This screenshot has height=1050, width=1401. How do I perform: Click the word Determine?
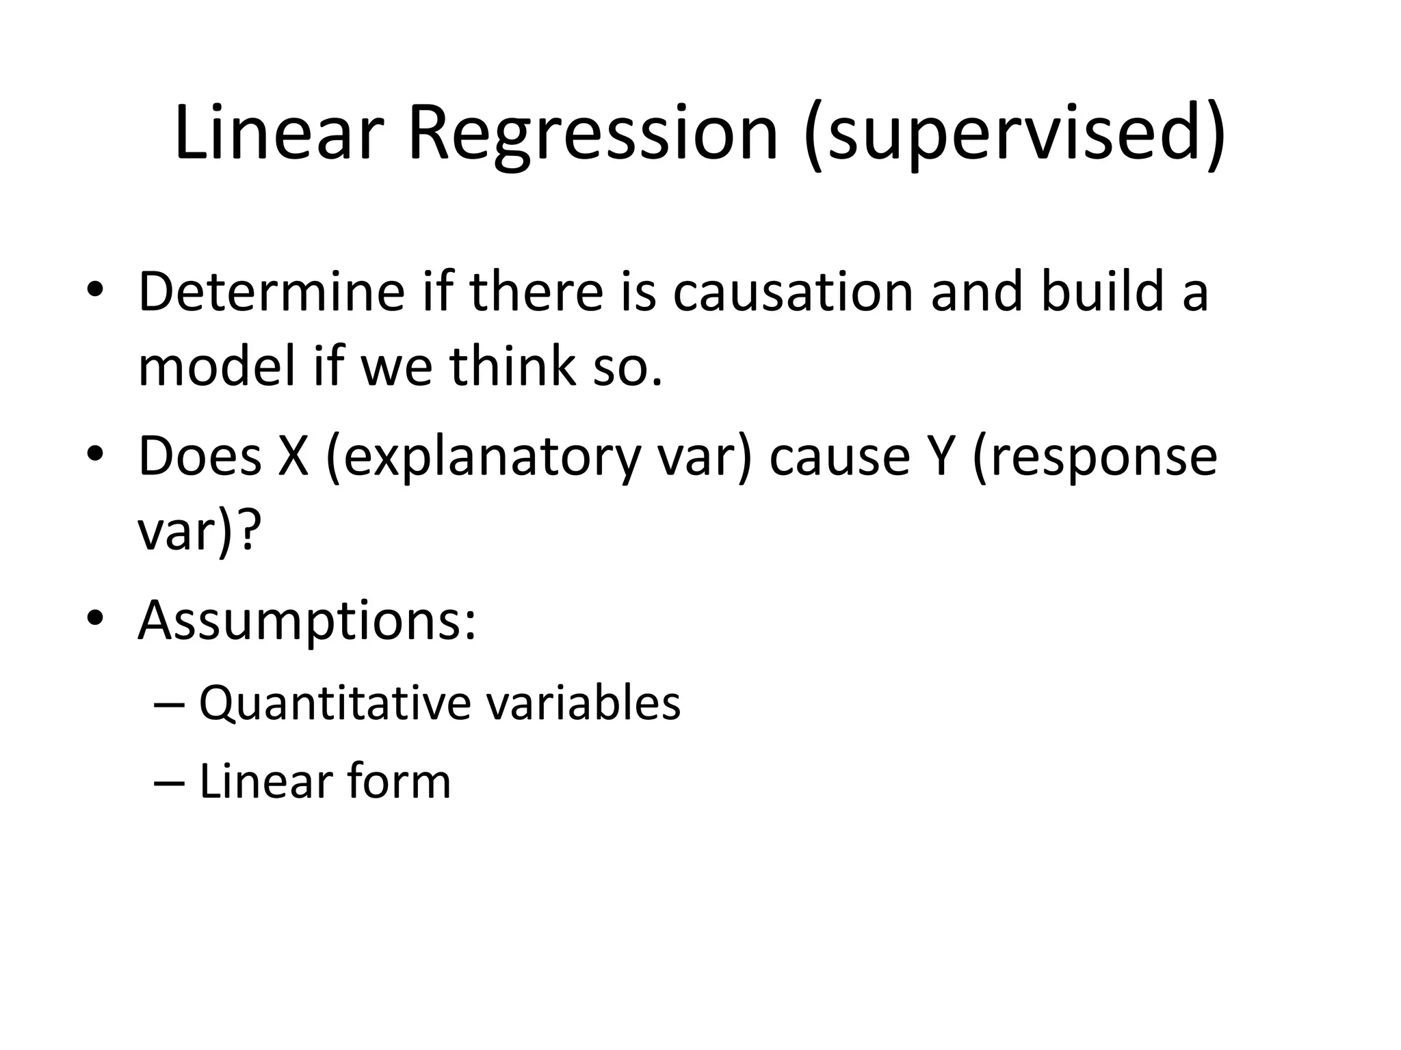pos(272,292)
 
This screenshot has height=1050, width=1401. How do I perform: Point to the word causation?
pos(793,292)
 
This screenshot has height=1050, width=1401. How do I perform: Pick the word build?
pos(1102,292)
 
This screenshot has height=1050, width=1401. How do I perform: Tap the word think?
pos(513,366)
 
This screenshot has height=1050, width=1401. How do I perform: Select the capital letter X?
pos(293,457)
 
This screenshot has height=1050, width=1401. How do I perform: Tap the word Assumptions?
pos(306,621)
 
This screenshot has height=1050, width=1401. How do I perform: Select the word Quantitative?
pos(334,703)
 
